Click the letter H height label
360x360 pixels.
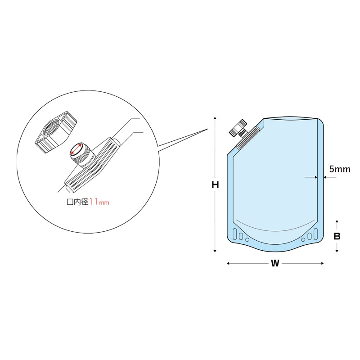click(x=216, y=184)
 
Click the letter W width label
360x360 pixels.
click(x=275, y=264)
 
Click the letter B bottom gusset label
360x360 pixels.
click(x=337, y=236)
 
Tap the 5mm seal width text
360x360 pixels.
click(x=339, y=169)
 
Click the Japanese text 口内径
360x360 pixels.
click(x=77, y=202)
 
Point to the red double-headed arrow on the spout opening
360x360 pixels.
click(x=76, y=150)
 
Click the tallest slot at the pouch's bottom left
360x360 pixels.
click(x=234, y=234)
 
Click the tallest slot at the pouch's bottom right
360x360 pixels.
click(x=315, y=234)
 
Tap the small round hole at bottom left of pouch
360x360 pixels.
click(x=247, y=240)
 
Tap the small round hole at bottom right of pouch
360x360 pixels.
click(x=303, y=240)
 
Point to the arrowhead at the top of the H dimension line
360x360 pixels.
click(x=216, y=118)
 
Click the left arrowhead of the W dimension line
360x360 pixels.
click(x=228, y=264)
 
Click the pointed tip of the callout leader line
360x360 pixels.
click(x=207, y=130)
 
